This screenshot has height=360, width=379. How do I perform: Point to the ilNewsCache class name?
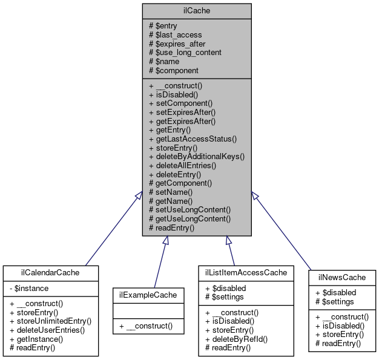pos(341,278)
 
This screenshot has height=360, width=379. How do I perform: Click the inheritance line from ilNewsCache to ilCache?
pos(284,234)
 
